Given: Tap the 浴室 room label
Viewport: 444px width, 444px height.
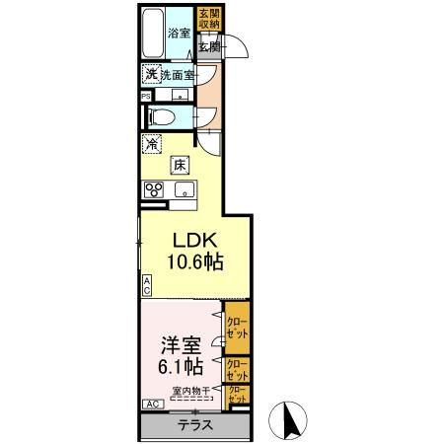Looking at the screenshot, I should [179, 34].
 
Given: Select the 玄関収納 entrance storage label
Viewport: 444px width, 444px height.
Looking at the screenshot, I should [209, 20].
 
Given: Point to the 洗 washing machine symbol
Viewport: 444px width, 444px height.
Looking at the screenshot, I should [151, 75].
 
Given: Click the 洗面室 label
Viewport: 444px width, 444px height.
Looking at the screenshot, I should [179, 75].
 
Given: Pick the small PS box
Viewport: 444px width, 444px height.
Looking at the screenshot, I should [146, 97].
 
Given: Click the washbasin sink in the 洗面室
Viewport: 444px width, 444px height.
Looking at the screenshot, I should [181, 95].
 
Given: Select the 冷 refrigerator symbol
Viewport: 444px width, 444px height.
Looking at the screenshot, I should [152, 145].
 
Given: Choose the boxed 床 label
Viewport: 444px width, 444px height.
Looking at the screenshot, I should [181, 166].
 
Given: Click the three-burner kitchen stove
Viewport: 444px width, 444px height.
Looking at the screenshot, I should [154, 191].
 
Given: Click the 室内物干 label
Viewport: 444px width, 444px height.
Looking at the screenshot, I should [190, 392].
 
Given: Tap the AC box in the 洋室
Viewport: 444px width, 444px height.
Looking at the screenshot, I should [153, 405].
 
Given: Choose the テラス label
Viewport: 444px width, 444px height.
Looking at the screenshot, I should [193, 426].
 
